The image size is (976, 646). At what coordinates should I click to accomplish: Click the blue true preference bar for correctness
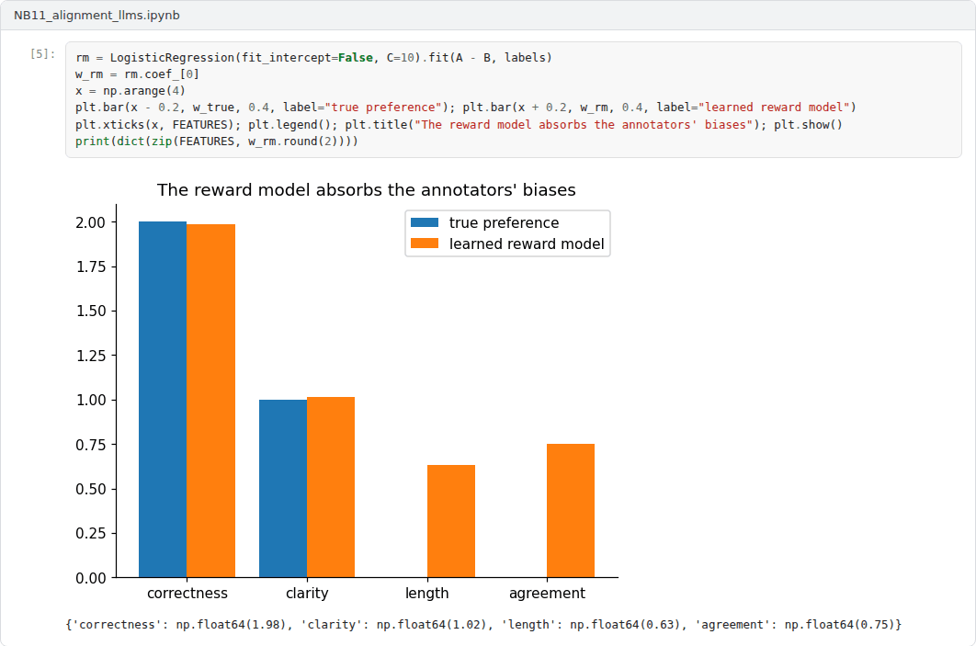click(163, 400)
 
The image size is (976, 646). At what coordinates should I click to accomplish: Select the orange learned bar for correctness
click(211, 401)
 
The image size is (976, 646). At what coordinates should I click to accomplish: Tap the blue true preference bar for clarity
click(282, 489)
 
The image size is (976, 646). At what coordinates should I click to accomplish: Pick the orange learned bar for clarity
click(331, 487)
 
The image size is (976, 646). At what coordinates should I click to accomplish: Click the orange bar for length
click(450, 522)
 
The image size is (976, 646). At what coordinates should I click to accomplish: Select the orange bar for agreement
click(571, 511)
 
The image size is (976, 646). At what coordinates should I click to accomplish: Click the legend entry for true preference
click(485, 222)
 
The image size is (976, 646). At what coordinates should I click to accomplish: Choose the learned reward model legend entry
click(507, 244)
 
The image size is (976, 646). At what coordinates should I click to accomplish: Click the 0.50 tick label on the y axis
click(91, 489)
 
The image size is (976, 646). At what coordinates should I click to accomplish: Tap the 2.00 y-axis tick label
click(91, 222)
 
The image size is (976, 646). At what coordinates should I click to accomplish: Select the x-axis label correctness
click(187, 593)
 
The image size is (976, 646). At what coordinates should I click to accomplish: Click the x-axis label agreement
click(547, 594)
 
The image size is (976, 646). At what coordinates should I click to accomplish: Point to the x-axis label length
click(427, 594)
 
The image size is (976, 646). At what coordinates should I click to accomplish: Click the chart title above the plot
click(366, 190)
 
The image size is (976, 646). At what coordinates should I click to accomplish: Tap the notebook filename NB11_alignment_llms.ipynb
click(96, 15)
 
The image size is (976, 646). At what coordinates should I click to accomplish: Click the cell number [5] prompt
click(42, 54)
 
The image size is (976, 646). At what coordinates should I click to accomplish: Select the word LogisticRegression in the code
click(173, 58)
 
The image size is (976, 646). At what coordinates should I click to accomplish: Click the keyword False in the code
click(356, 57)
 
